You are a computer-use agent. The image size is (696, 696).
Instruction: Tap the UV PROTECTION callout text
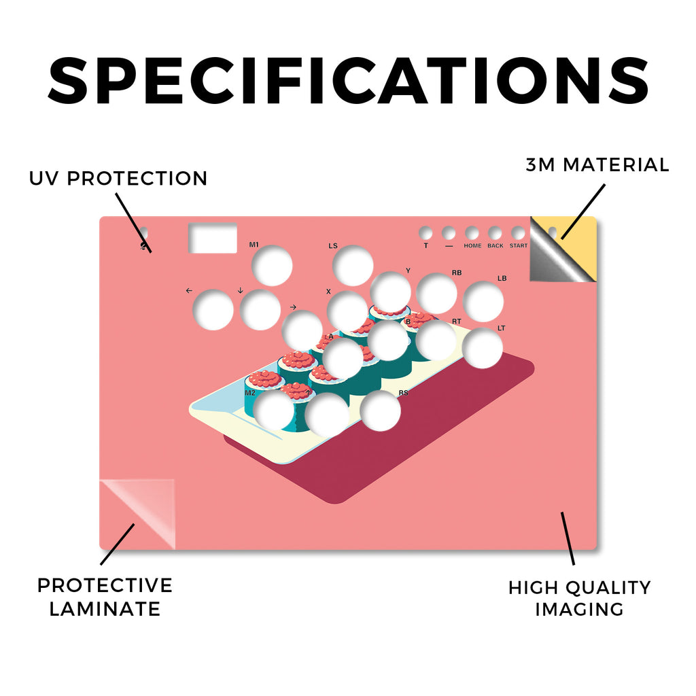coord(118,179)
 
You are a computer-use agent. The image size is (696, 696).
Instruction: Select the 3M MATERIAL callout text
coord(597,164)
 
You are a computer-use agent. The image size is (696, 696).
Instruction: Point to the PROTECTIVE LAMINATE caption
coord(105,597)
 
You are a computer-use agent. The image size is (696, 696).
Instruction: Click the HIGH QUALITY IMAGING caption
coord(579,598)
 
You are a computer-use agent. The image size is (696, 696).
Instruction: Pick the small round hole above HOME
coord(472,233)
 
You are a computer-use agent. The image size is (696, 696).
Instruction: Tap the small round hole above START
coord(518,233)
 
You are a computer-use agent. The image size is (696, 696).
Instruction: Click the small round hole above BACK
coord(495,233)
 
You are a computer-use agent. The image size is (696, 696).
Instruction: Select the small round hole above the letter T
coord(425,233)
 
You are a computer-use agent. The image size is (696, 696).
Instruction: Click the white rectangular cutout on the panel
coord(213,238)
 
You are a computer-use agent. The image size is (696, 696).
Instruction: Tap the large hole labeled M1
coord(272,266)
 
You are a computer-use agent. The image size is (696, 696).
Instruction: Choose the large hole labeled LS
coord(353,266)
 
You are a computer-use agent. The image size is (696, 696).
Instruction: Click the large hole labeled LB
coord(483,301)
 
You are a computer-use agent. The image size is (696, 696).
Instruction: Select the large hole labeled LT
coord(483,348)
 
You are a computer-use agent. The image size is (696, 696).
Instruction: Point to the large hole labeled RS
coord(381,411)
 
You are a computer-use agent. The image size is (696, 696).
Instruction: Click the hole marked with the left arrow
coord(213,310)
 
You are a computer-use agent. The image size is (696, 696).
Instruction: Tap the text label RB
coord(457,273)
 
